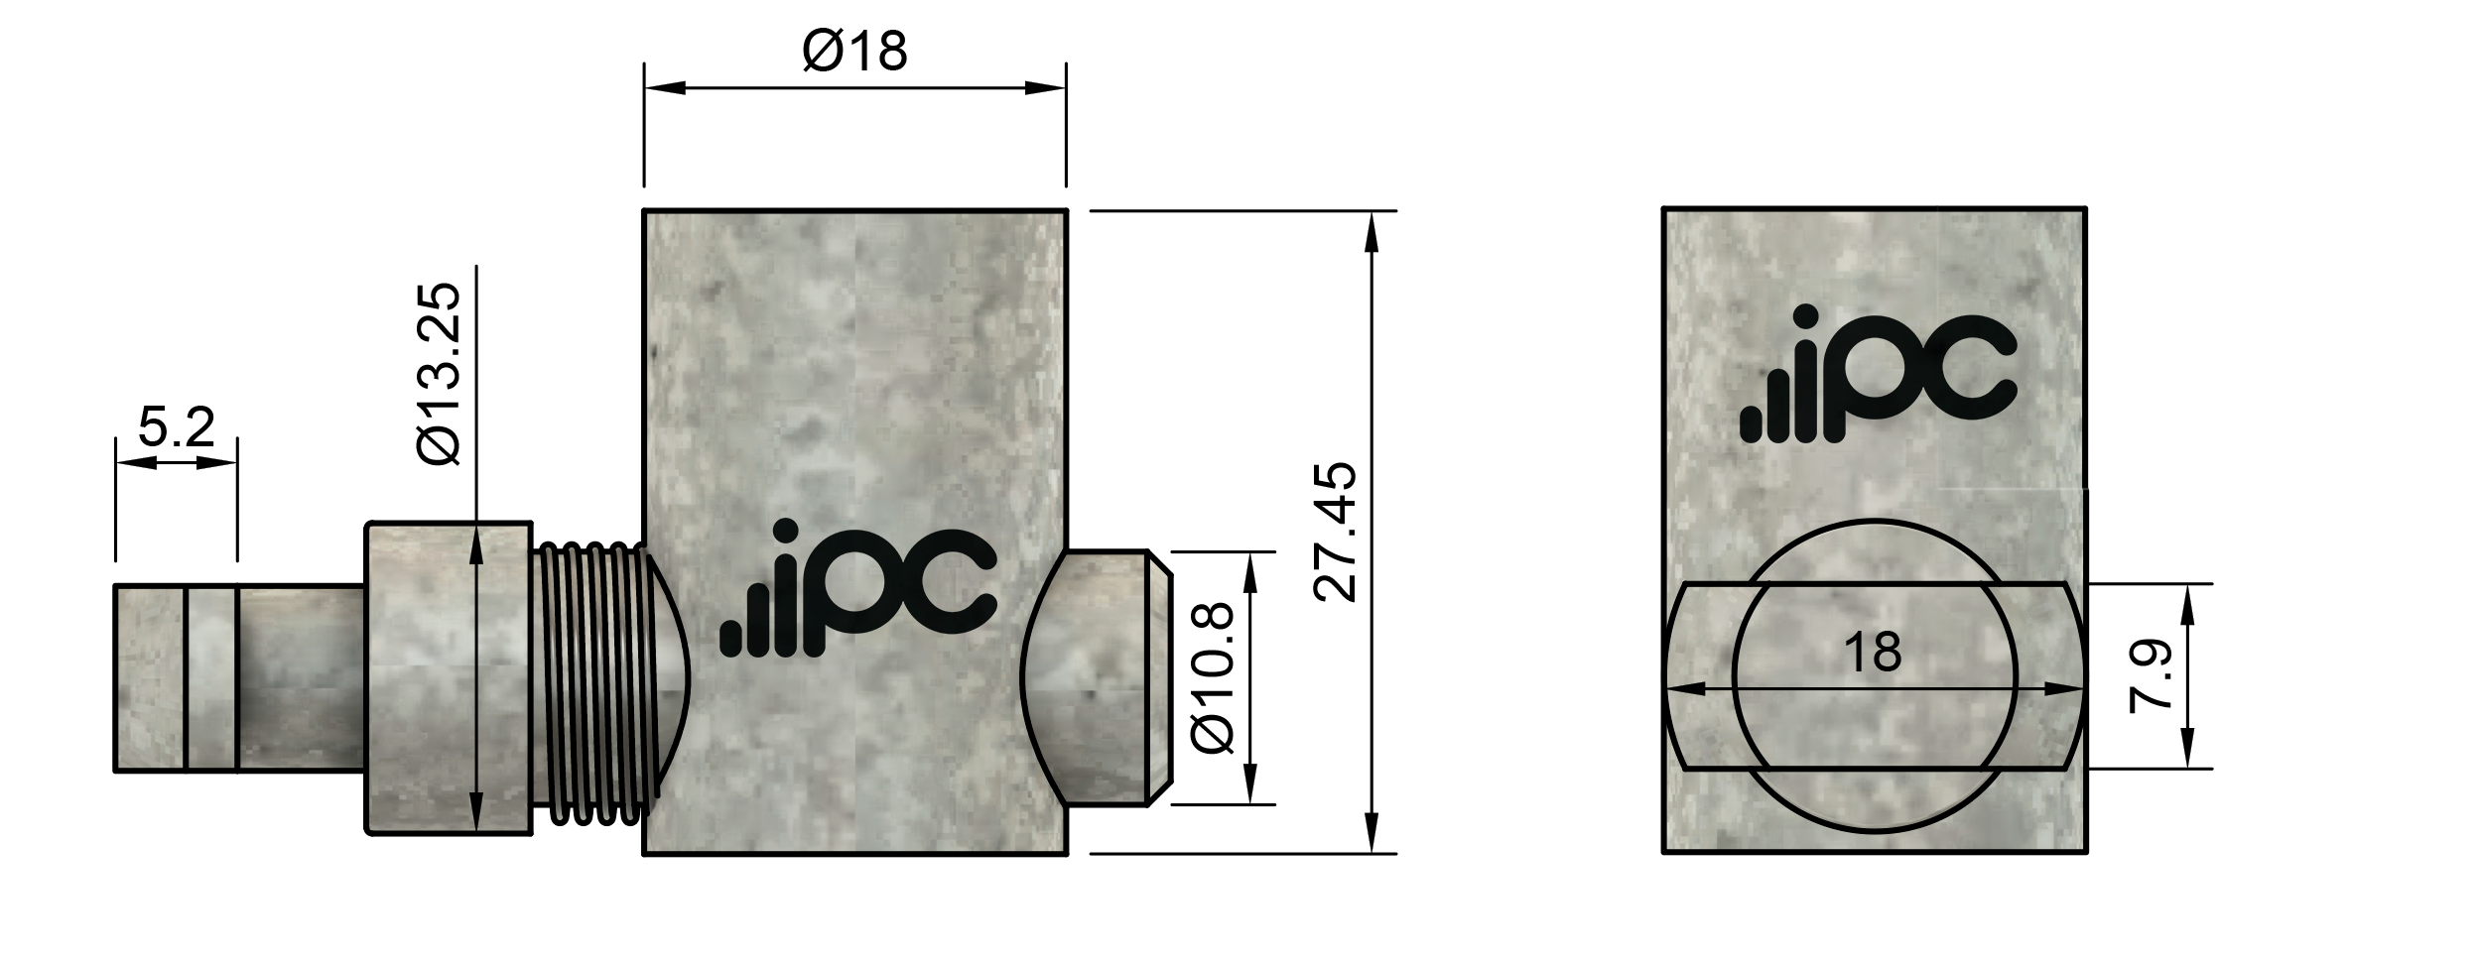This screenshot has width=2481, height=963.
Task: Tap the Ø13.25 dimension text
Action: point(440,374)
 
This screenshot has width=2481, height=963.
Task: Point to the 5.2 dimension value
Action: point(176,427)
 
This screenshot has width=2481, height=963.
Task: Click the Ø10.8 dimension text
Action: point(1213,677)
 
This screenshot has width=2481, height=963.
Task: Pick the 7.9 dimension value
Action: point(2152,676)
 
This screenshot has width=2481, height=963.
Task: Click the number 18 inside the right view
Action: point(1872,653)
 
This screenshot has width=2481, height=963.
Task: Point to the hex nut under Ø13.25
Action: point(449,677)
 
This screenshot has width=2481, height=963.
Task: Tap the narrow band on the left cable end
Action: point(211,677)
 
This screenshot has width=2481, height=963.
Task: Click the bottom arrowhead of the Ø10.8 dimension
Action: point(1249,789)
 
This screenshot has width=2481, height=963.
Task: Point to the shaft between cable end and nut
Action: point(302,677)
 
